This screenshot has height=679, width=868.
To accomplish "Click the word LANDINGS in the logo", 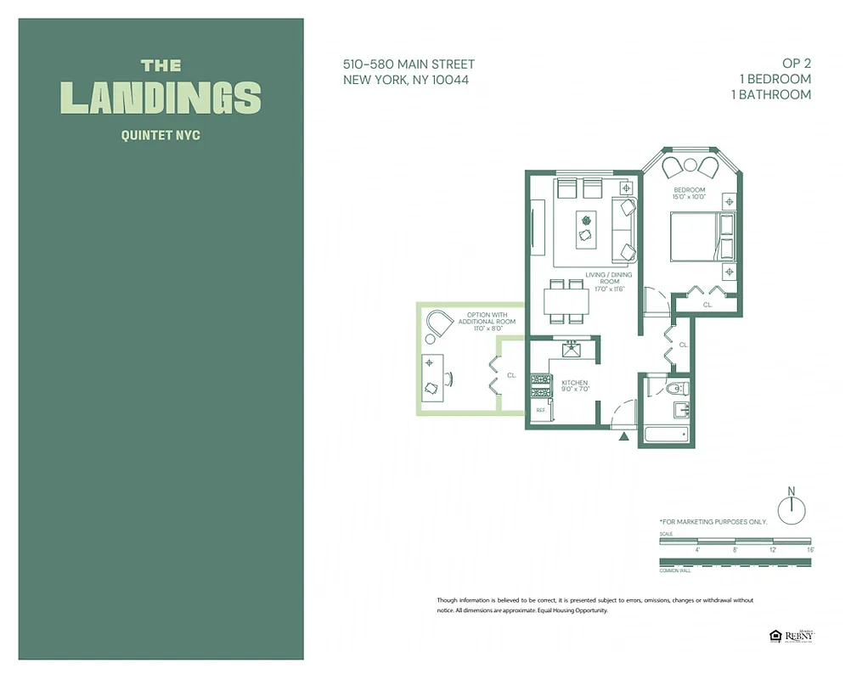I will coord(161,98).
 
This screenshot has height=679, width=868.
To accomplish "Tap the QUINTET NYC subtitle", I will coord(161,135).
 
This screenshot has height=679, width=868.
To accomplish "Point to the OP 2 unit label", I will coord(796,64).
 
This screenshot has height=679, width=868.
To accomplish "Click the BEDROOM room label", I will coord(689,189).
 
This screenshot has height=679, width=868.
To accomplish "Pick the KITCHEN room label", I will coord(574,383).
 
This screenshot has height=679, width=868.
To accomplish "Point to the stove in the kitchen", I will coord(538,385).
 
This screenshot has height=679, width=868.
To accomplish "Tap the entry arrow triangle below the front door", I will coord(624,436).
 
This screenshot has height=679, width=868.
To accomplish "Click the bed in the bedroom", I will coord(701,237).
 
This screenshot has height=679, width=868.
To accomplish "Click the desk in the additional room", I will coord(431,376).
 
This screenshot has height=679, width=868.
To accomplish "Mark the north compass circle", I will coord(791,507).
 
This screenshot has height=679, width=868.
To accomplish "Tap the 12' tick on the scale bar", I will coord(772,549).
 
